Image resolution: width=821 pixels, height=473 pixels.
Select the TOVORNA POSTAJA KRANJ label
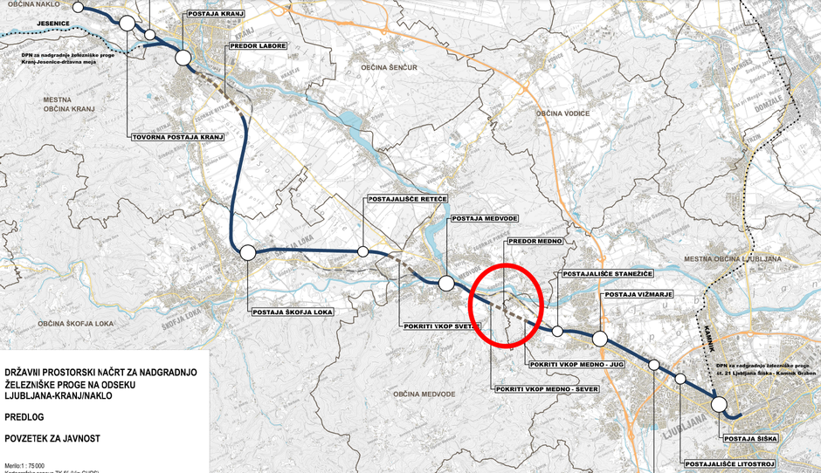(178, 137)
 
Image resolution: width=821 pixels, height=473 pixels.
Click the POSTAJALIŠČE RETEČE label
(407, 200)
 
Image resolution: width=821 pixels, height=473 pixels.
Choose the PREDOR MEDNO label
(535, 241)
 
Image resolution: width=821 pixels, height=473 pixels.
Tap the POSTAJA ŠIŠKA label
(748, 437)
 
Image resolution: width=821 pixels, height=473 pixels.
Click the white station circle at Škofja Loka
(247, 252)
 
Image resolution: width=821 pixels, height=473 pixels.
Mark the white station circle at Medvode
(446, 283)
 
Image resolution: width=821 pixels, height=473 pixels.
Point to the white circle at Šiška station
(718, 404)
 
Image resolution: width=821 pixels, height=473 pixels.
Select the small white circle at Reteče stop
(362, 251)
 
